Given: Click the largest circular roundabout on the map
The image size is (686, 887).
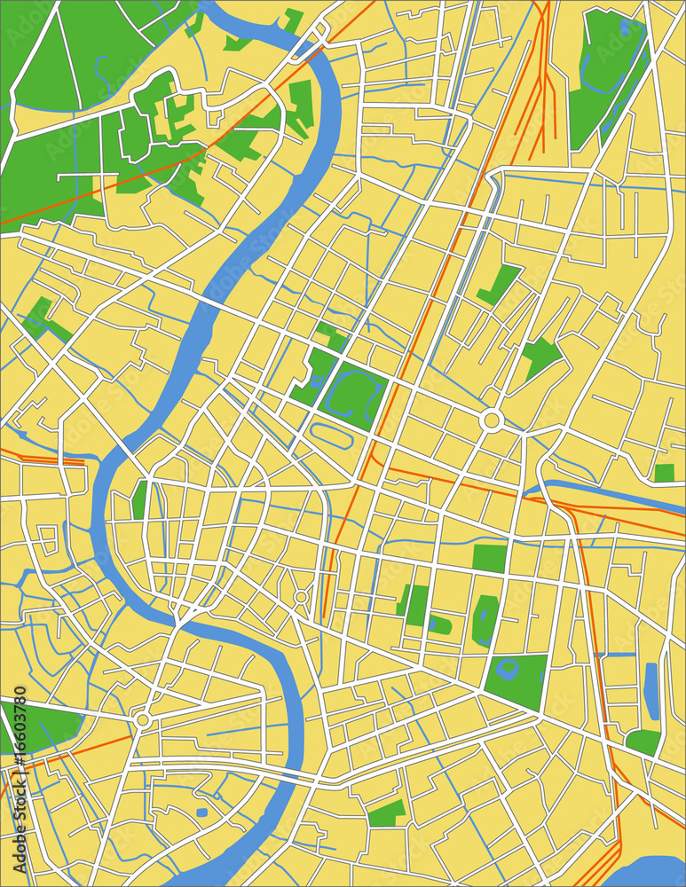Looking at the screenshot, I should (x=491, y=420).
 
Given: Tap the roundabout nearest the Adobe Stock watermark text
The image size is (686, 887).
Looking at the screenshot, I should (x=142, y=720).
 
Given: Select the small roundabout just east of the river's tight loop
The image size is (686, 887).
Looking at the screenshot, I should (x=301, y=597).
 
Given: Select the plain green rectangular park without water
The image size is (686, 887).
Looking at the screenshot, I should (x=489, y=558).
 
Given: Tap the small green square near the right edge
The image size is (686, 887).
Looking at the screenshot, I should (x=664, y=473).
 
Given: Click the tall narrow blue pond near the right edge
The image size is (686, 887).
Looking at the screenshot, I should (x=651, y=691).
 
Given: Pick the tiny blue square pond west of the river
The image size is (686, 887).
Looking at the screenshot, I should (x=202, y=812).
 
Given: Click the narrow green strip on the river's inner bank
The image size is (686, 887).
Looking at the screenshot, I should (x=139, y=500).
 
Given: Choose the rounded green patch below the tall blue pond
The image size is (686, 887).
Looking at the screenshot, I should (x=643, y=742).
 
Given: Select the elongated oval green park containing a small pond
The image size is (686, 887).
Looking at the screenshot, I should (x=485, y=619).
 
